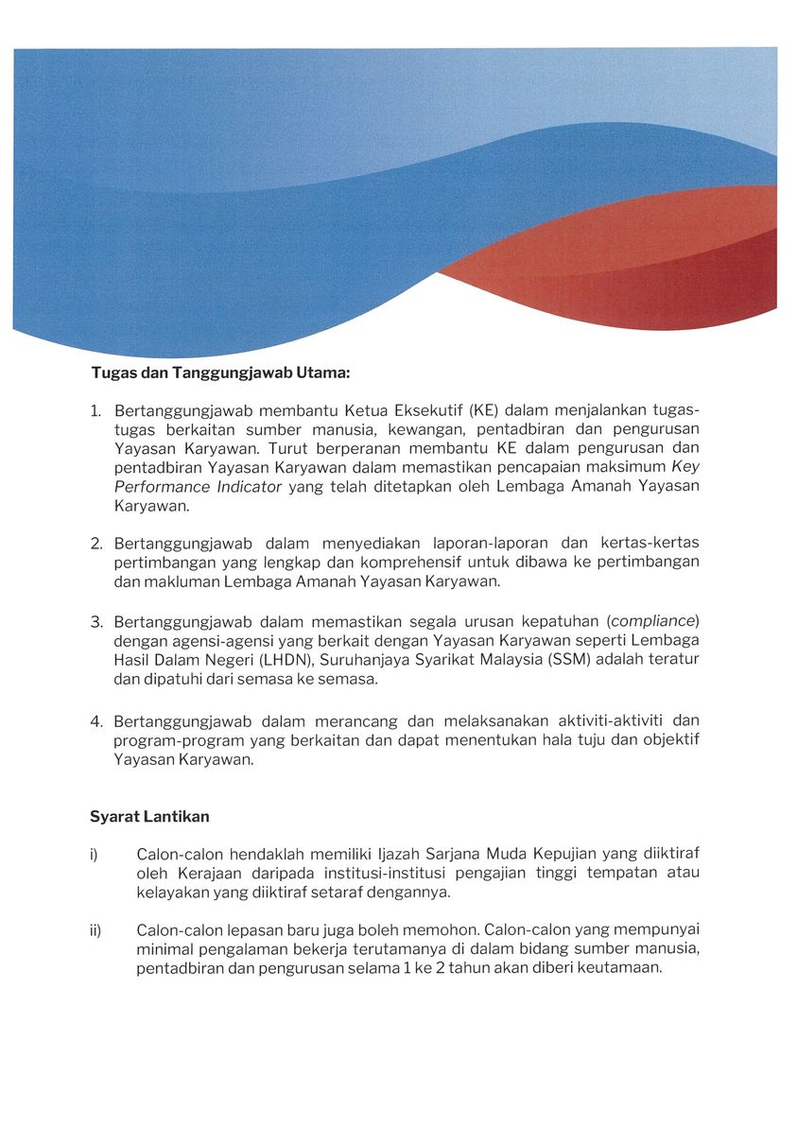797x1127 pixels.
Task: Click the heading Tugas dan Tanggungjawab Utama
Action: [x=220, y=373]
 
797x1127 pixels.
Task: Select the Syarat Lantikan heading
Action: [x=149, y=816]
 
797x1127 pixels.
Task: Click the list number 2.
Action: [x=95, y=543]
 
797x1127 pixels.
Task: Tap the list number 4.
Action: [x=95, y=720]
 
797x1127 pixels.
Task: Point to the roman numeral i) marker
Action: [x=95, y=855]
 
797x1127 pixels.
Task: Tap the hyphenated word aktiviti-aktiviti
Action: [x=597, y=720]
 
